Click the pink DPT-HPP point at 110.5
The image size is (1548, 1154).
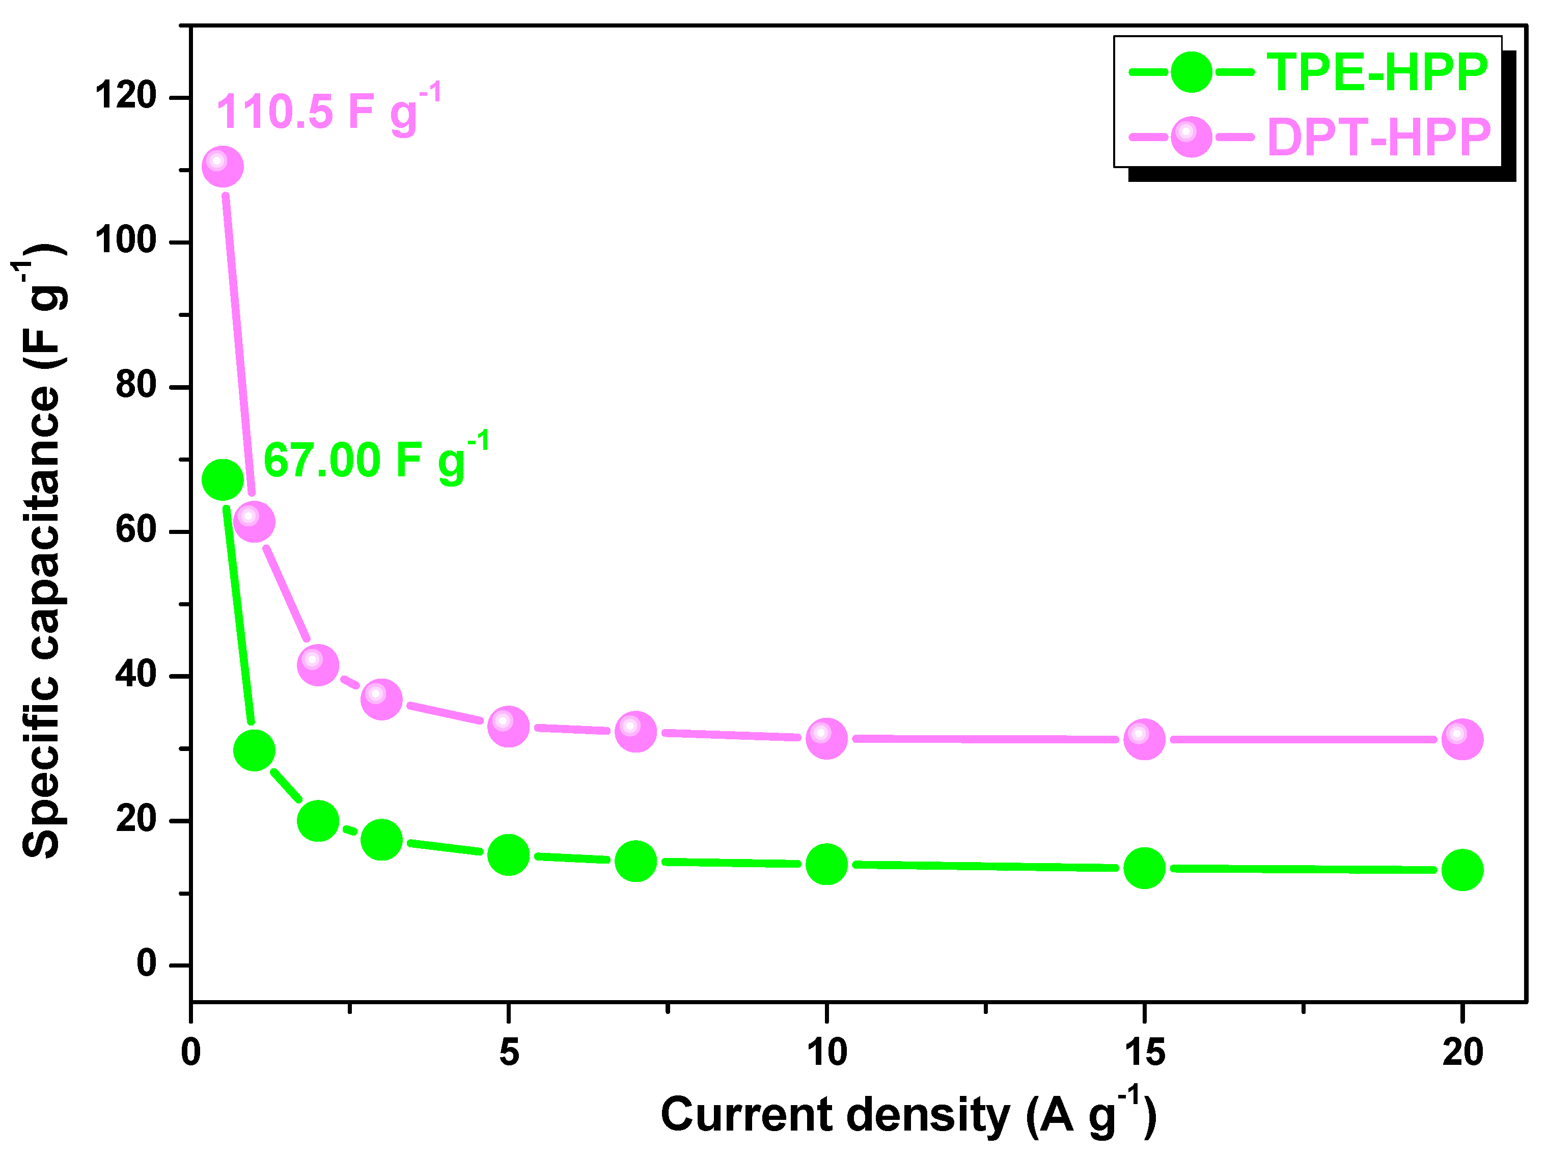click(x=222, y=168)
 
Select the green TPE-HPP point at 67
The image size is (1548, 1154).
click(x=222, y=480)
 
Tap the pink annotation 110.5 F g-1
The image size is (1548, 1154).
click(x=328, y=111)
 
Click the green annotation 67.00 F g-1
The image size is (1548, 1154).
click(x=376, y=459)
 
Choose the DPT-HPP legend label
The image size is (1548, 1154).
click(x=1379, y=137)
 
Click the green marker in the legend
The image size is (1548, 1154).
click(x=1191, y=72)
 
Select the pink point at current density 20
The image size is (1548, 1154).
click(x=1461, y=739)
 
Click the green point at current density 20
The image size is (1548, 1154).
click(x=1461, y=870)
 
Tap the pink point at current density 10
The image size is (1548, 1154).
click(x=826, y=738)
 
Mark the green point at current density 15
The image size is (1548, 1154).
click(x=1144, y=868)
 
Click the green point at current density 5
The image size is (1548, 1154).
click(x=508, y=854)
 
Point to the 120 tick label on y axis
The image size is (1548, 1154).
click(x=126, y=96)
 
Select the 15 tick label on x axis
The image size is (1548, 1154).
click(x=1144, y=1052)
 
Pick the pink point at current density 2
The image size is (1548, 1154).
click(x=318, y=664)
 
